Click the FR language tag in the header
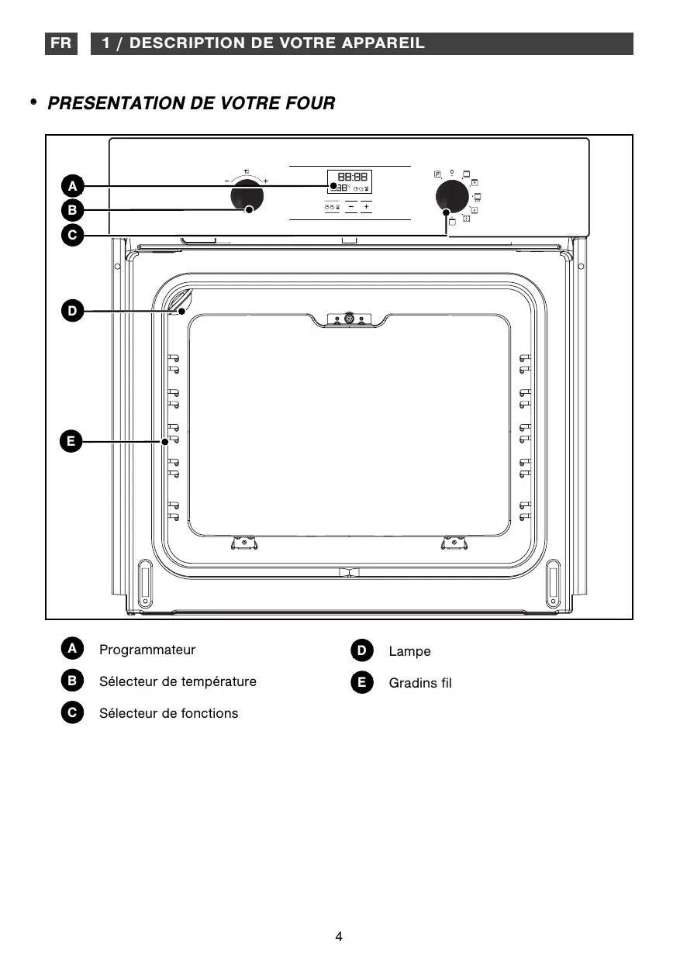(60, 43)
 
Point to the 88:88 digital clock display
(353, 177)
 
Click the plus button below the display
(366, 207)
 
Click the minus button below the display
(351, 207)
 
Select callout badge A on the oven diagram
(71, 186)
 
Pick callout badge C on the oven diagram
(71, 235)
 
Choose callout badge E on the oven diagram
(71, 442)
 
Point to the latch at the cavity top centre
(349, 318)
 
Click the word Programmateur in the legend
(147, 650)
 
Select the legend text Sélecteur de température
(178, 681)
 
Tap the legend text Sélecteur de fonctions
(168, 713)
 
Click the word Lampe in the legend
(409, 651)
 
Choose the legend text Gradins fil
(419, 683)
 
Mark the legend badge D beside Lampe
(361, 650)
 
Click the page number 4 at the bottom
(339, 936)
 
